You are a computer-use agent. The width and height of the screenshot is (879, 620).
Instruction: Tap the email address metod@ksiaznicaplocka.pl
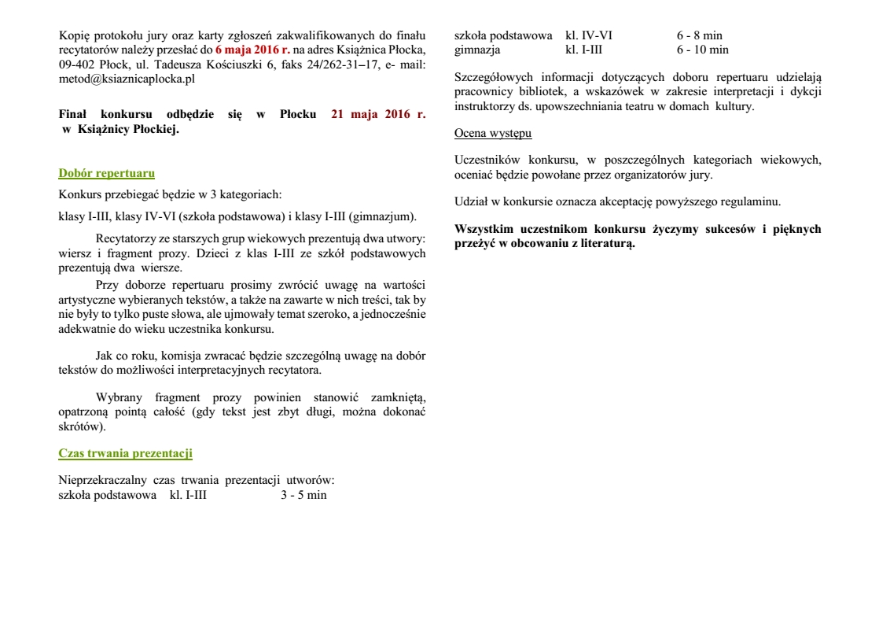coord(127,79)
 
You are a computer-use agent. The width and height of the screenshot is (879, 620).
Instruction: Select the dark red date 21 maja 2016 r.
coord(378,114)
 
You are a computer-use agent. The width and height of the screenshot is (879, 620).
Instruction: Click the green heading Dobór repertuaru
coord(106,173)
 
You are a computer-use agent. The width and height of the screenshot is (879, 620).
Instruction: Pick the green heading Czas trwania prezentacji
coord(125,453)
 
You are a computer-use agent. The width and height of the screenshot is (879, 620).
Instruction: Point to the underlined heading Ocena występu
coord(493,133)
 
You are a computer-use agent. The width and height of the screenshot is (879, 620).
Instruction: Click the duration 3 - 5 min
coord(303,495)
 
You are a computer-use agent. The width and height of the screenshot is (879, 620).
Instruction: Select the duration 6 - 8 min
coord(699,35)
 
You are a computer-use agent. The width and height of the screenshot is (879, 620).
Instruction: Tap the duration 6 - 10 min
coord(702,50)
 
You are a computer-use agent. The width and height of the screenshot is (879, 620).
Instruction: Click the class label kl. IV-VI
coord(588,35)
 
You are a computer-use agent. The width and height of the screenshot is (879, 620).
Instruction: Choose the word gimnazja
coord(478,50)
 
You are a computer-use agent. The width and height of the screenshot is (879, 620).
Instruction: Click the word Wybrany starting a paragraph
coord(120,397)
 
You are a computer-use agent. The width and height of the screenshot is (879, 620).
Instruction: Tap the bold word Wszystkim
coord(485,230)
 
